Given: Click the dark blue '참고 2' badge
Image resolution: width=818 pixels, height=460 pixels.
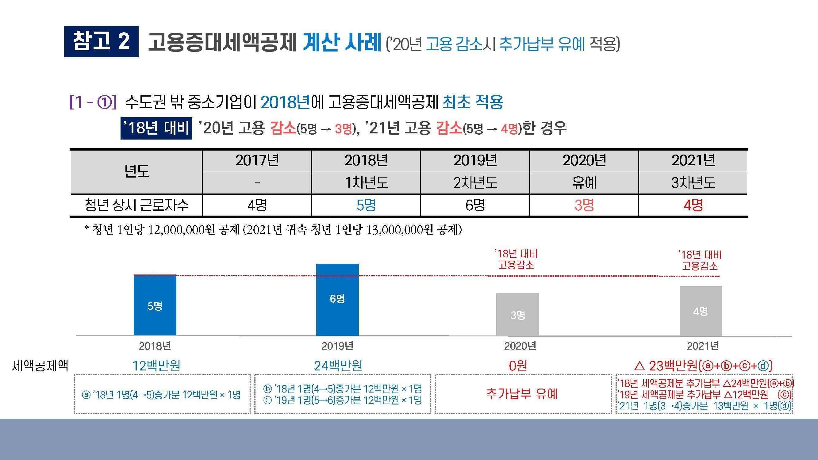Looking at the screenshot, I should [x=101, y=42].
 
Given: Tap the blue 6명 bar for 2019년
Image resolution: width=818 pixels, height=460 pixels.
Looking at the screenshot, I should [x=337, y=299].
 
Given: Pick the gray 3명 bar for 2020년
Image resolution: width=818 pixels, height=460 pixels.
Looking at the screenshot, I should [x=517, y=314].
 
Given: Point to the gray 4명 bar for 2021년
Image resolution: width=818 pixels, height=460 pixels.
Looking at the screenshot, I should [x=701, y=311].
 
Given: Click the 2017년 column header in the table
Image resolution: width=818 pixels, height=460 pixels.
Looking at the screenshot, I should [x=257, y=161].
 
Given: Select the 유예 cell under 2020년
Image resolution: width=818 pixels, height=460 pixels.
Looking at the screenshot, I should [x=584, y=183].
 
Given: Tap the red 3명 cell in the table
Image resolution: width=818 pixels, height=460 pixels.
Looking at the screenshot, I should [x=584, y=205].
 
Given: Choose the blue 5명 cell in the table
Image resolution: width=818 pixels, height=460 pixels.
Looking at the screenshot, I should [x=366, y=205].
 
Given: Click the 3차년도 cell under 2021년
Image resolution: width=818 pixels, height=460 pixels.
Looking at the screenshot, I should [x=693, y=183].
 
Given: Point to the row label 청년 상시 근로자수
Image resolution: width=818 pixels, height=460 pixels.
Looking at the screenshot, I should [x=136, y=205].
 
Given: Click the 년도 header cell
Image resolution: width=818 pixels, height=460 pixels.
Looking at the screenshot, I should [x=136, y=171].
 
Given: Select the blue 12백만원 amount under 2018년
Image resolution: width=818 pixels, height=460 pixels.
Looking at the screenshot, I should [x=156, y=366].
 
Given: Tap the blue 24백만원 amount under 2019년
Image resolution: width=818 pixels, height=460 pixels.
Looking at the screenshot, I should [x=338, y=366].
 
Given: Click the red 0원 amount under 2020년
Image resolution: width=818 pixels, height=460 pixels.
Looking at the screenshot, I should [x=518, y=366].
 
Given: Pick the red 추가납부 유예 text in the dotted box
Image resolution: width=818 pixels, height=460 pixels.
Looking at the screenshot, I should [x=522, y=394].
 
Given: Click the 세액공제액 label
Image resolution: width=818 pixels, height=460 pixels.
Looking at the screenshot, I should [x=40, y=366].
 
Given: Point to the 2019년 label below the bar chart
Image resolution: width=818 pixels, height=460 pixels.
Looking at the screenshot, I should [x=337, y=346].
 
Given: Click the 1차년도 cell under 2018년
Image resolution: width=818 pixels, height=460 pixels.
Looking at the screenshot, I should [x=366, y=183].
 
